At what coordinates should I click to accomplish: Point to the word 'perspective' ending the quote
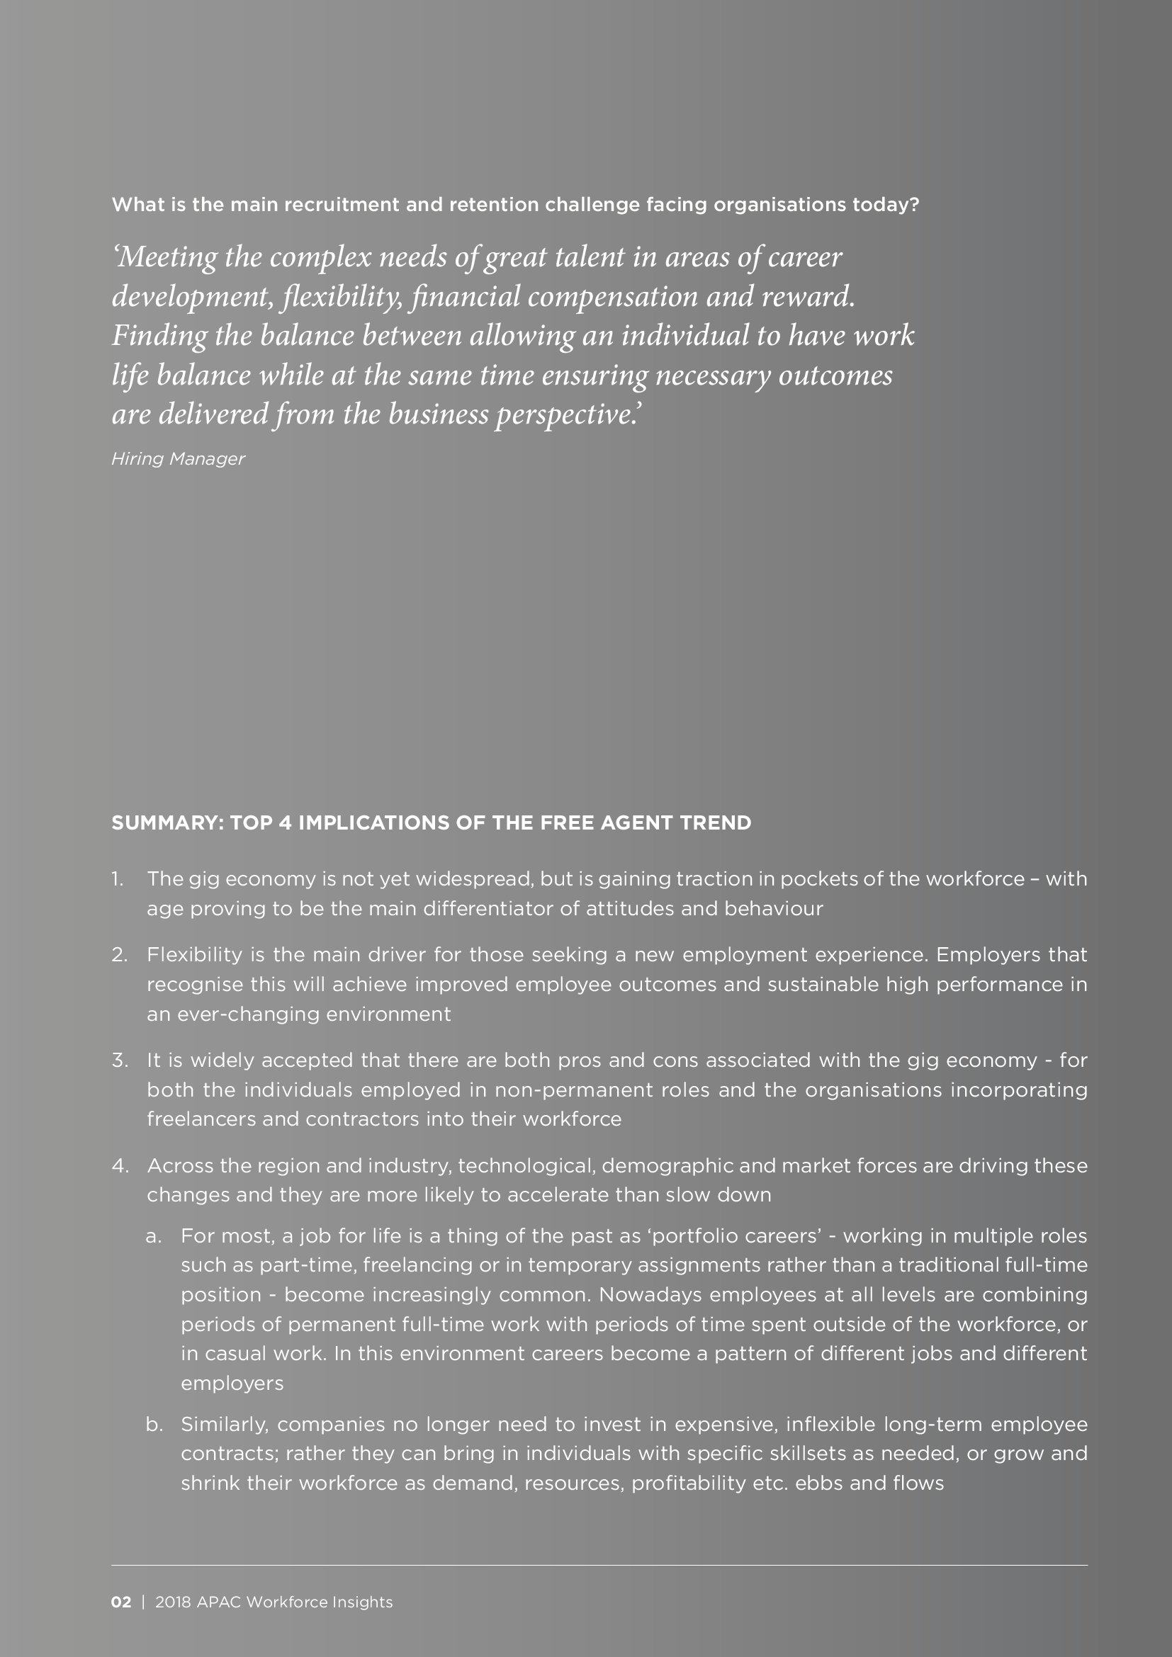pyautogui.click(x=565, y=416)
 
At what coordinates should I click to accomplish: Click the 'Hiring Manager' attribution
pyautogui.click(x=179, y=459)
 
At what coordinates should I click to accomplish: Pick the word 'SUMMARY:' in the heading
pyautogui.click(x=168, y=822)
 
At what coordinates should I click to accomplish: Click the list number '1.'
pyautogui.click(x=118, y=879)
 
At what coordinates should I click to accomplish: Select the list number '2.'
pyautogui.click(x=119, y=955)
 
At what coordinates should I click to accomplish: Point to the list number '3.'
pyautogui.click(x=119, y=1061)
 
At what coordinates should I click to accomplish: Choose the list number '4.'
pyautogui.click(x=119, y=1165)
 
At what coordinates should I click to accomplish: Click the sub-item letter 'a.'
pyautogui.click(x=153, y=1236)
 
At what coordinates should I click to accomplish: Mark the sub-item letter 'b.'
pyautogui.click(x=154, y=1425)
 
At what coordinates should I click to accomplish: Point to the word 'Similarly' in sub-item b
pyautogui.click(x=224, y=1425)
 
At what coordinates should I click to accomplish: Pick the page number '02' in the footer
pyautogui.click(x=121, y=1602)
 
